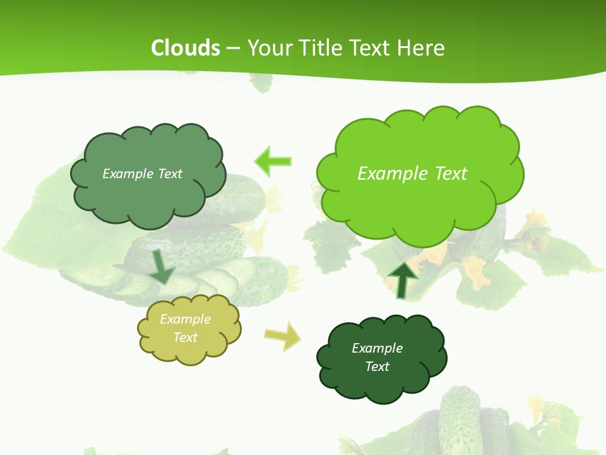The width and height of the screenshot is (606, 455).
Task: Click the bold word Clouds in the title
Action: [186, 48]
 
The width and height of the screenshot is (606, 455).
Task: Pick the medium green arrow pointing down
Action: [162, 267]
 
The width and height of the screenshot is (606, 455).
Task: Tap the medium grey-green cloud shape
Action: [148, 196]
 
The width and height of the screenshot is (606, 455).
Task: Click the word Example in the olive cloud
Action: [185, 319]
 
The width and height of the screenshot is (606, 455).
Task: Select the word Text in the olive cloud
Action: [186, 337]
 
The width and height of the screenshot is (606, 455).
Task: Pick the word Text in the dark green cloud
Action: [377, 367]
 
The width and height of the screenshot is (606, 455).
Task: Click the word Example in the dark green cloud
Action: [377, 348]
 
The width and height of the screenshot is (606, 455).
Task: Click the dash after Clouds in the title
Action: [232, 48]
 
